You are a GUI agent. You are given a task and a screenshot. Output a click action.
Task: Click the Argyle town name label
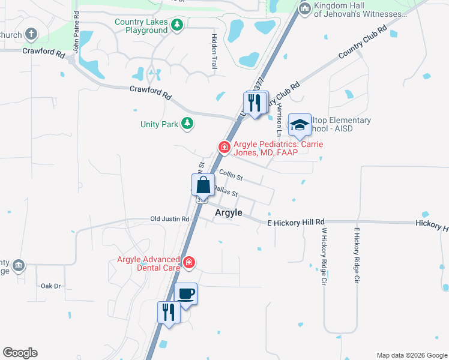(x=229, y=213)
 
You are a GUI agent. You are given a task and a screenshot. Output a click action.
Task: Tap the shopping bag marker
(x=203, y=185)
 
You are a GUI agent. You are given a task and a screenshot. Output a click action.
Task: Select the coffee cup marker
(x=185, y=294)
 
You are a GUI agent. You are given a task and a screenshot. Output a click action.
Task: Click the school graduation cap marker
(x=300, y=125)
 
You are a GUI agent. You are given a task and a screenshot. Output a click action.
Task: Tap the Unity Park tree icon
(x=188, y=124)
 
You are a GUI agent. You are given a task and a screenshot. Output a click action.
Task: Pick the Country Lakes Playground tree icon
(x=177, y=25)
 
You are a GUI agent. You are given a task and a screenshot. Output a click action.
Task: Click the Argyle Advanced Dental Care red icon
(x=190, y=262)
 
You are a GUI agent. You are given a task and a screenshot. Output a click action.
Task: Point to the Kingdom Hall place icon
(x=305, y=8)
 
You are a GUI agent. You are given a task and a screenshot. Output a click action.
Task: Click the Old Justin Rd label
(x=170, y=219)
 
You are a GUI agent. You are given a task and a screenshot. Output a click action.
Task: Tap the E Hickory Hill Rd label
(x=296, y=222)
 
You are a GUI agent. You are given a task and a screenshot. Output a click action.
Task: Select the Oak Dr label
(x=52, y=286)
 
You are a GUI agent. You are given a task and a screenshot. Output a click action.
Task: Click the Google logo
(x=20, y=353)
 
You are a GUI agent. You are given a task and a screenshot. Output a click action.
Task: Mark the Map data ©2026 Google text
(x=411, y=355)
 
